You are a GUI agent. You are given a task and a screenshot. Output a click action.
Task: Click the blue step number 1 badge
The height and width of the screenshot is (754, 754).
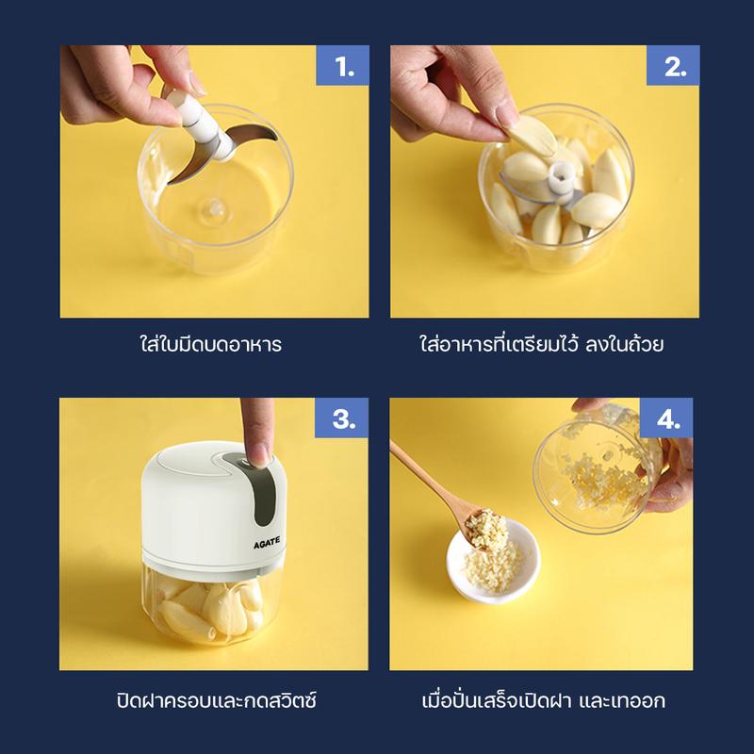pyautogui.click(x=342, y=65)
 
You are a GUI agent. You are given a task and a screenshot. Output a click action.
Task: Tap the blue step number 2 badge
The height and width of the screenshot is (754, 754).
pyautogui.click(x=673, y=65)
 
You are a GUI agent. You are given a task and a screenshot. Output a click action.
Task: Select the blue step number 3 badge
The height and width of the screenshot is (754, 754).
pyautogui.click(x=341, y=418)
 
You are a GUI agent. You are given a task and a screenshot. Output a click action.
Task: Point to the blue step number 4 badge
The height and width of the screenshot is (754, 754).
pyautogui.click(x=666, y=418)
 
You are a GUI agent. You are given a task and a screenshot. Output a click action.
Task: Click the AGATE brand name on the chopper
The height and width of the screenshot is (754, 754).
pyautogui.click(x=267, y=543)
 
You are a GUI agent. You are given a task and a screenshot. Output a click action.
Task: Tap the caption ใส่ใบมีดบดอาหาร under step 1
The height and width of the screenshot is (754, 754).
pyautogui.click(x=211, y=344)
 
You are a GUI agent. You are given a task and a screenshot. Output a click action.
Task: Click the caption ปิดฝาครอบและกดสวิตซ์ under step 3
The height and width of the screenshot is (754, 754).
pyautogui.click(x=217, y=700)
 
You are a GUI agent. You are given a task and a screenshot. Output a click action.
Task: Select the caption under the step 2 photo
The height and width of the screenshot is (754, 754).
pyautogui.click(x=541, y=344)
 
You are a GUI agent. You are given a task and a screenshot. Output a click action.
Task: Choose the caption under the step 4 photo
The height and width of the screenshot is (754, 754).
pyautogui.click(x=544, y=700)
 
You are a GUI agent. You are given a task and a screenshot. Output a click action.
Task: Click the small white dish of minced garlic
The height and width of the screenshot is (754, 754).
pyautogui.click(x=493, y=561)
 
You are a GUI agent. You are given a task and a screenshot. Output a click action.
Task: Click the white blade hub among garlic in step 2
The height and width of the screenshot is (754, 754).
pyautogui.click(x=562, y=178)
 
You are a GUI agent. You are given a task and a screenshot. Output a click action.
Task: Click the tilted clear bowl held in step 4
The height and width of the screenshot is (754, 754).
pyautogui.click(x=597, y=467)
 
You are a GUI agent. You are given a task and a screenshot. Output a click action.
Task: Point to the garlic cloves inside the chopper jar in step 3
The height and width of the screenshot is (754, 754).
pyautogui.click(x=210, y=608)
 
